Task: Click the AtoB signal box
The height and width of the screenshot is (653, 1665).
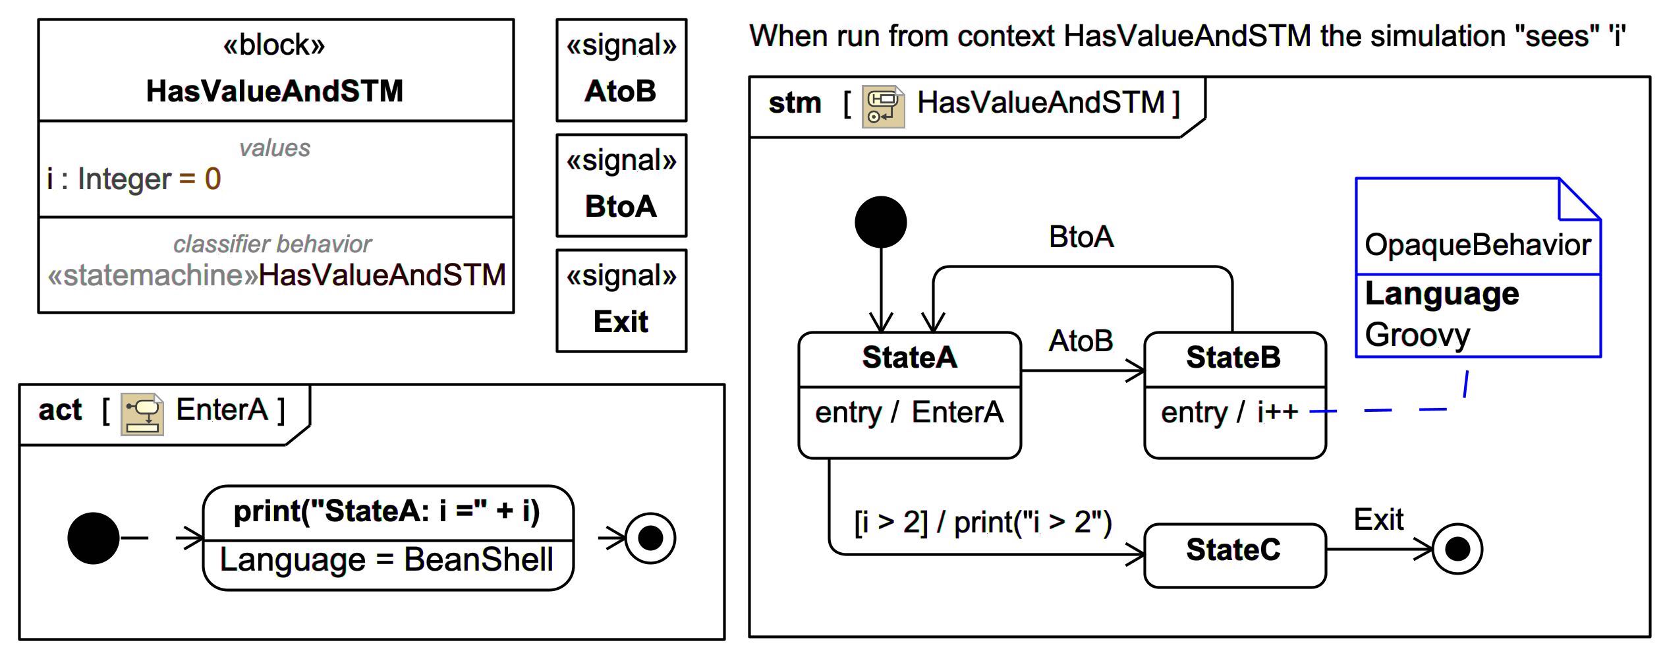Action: (621, 71)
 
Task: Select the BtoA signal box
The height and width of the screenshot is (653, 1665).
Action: (621, 186)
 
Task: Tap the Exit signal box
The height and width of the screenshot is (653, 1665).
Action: (621, 301)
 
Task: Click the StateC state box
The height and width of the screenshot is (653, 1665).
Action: (1234, 555)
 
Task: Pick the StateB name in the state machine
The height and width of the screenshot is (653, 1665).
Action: (1233, 358)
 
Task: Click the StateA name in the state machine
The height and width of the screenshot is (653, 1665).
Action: (909, 358)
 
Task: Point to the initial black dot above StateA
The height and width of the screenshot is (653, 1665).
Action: (880, 222)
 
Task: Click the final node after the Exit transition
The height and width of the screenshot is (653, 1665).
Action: (1457, 549)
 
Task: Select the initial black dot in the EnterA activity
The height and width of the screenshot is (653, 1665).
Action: (94, 538)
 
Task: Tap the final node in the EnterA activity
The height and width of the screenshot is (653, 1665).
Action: (650, 538)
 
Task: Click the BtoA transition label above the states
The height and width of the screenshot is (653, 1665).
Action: (1081, 237)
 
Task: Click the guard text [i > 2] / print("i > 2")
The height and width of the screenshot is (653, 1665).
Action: (982, 522)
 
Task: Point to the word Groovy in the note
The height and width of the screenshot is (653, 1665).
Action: (1417, 335)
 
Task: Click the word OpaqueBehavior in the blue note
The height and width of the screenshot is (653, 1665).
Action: (1477, 245)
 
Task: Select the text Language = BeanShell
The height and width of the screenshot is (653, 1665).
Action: (386, 560)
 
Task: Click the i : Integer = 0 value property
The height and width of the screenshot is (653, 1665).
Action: (134, 179)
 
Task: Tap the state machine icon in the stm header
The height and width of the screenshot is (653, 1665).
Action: (883, 105)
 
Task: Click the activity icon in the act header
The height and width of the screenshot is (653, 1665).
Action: (142, 414)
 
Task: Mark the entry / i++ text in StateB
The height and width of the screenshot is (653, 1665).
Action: (1229, 413)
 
